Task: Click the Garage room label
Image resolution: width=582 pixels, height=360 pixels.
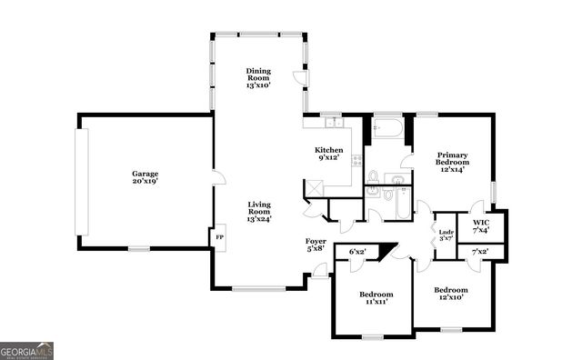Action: click(145, 177)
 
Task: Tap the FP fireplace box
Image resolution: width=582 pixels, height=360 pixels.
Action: click(219, 239)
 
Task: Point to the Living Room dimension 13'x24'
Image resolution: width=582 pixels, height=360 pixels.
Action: click(259, 217)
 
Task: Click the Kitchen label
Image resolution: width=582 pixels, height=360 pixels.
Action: click(328, 155)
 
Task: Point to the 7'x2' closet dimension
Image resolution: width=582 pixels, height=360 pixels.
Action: click(481, 251)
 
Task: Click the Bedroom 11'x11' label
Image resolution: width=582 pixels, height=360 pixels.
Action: click(376, 299)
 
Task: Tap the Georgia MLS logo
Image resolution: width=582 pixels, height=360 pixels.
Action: click(27, 351)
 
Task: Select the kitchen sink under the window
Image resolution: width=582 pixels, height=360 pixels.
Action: click(333, 123)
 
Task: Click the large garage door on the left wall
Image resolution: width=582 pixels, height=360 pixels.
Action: click(83, 181)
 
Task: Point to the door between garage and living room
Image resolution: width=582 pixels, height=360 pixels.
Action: click(215, 177)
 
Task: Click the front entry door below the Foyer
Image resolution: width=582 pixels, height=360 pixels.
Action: click(319, 270)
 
